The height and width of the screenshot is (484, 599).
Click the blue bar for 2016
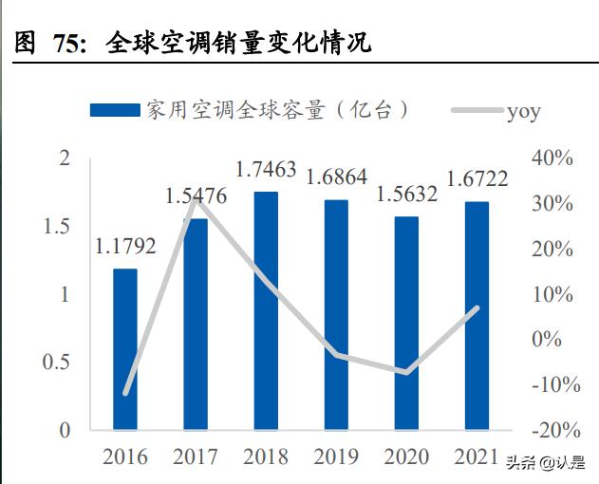click(125, 349)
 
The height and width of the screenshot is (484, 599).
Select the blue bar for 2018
click(266, 310)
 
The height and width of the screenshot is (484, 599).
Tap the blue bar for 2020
click(406, 323)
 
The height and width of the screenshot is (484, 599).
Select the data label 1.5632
click(406, 195)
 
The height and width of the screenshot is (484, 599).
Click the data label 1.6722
click(477, 180)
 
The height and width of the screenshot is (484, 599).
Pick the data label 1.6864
click(336, 178)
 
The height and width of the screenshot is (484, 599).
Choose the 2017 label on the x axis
click(196, 457)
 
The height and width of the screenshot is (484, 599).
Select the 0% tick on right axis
click(545, 340)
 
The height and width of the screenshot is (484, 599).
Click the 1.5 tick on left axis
click(60, 226)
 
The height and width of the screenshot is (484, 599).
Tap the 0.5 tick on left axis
click(60, 363)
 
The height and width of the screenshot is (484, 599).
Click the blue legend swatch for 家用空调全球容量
click(116, 110)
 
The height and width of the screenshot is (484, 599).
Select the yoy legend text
click(523, 111)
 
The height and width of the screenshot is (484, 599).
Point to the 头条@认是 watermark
click(546, 464)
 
